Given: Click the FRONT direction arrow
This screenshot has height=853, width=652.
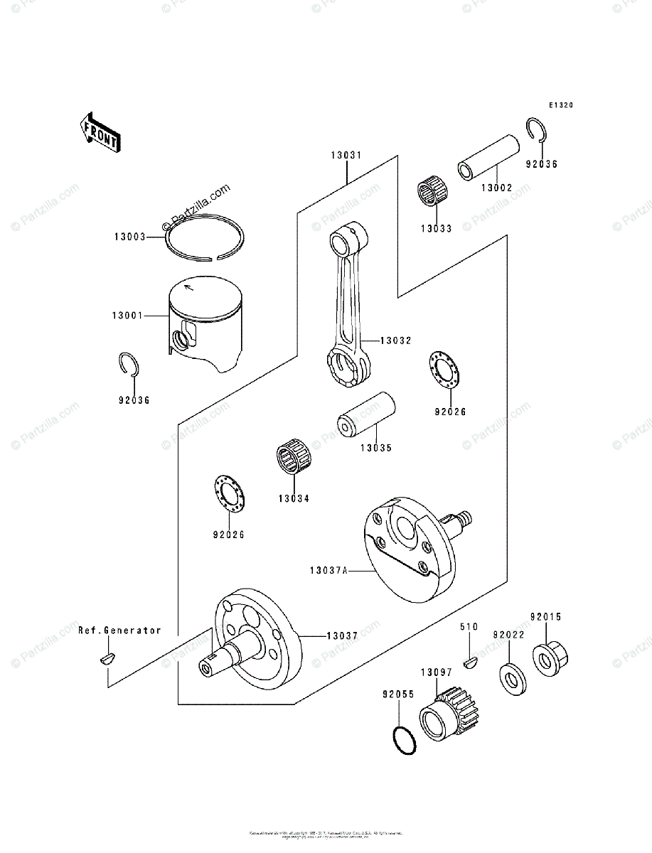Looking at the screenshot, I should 99,133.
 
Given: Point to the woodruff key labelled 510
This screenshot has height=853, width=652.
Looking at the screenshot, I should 469,664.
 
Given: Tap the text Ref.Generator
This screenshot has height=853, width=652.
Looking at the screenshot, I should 119,631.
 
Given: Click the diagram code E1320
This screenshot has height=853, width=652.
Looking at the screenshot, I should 560,105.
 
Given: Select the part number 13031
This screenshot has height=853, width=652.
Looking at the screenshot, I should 346,155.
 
